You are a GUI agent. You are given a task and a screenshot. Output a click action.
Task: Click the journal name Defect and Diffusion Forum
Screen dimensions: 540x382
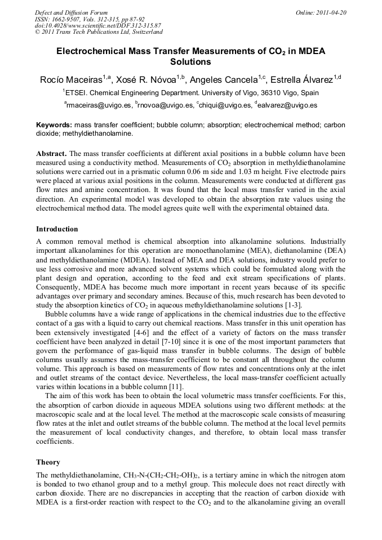71,12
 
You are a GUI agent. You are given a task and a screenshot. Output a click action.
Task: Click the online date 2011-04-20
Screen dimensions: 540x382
331,12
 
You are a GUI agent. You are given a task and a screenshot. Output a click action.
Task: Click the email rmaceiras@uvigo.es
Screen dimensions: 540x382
99,105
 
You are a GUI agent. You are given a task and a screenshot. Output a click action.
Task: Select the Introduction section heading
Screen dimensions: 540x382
57,229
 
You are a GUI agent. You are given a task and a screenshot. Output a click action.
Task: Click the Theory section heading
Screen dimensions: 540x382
48,462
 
